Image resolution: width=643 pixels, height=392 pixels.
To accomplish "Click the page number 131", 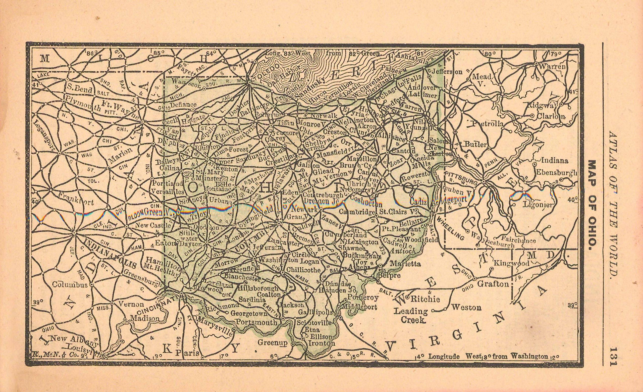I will (x=613, y=357).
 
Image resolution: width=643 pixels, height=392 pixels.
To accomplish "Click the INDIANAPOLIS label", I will (x=111, y=253).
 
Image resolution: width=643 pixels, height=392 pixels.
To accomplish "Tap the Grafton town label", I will (x=493, y=284).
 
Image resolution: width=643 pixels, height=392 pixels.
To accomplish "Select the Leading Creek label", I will (x=410, y=316).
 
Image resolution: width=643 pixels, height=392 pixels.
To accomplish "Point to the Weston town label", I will (x=466, y=307).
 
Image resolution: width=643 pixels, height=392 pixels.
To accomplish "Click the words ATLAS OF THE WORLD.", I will (x=613, y=203).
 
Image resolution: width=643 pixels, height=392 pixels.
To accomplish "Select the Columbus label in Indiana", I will (x=70, y=284).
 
